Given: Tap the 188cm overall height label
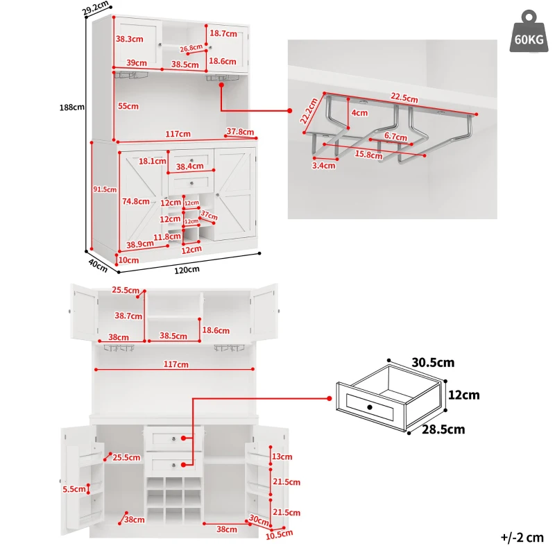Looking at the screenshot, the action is coord(72,107).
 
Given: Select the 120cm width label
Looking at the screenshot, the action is coord(187,270).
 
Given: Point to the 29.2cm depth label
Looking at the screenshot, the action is coord(96,8).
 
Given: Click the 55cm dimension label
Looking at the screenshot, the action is coord(128,106).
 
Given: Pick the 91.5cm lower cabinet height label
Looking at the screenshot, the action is coord(105,189).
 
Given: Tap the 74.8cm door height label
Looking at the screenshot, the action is coord(136,201).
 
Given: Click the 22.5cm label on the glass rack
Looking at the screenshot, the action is coord(404,97).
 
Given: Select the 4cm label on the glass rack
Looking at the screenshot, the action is coord(359,113).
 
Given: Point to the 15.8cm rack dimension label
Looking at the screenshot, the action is coord(369,155).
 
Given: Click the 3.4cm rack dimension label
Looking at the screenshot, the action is coord(323,165).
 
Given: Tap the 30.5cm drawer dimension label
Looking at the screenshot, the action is coord(433,362).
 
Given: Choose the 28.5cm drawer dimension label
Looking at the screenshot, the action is coord(443,429).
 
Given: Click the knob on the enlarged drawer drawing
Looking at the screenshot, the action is coord(370,407).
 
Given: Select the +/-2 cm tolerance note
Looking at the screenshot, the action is coord(522,537).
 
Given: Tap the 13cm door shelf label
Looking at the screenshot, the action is coord(282,456).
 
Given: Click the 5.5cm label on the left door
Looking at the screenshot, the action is coord(74,489).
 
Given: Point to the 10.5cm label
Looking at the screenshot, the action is coord(280,534).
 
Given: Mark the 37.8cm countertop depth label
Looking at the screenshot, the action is coord(240,132).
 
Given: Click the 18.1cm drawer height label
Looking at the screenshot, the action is coord(152,161).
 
